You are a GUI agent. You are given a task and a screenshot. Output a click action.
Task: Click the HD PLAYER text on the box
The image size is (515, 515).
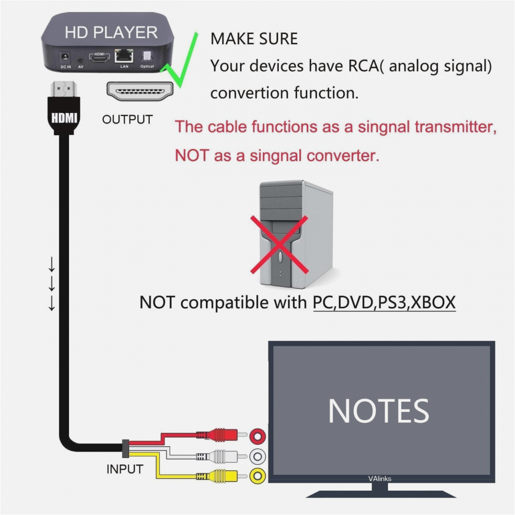click(111, 33)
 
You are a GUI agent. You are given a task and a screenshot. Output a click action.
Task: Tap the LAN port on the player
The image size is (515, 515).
click(124, 56)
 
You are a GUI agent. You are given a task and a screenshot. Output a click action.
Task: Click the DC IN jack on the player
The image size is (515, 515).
click(66, 57)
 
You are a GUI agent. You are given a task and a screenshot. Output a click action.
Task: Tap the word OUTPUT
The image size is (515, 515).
click(127, 120)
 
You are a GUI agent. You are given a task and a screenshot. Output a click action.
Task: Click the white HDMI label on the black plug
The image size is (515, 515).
click(64, 117)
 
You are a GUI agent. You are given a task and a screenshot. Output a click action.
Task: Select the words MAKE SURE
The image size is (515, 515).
click(254, 39)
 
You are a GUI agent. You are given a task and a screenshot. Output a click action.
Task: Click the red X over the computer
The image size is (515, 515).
click(279, 245)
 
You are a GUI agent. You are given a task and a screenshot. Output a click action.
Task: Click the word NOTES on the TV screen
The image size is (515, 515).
click(379, 411)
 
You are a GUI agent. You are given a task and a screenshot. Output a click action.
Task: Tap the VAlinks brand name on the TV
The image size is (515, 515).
click(379, 479)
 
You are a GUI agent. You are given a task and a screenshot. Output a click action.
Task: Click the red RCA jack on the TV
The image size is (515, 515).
click(258, 436)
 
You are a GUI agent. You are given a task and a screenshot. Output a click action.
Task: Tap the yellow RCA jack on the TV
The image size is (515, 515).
click(257, 476)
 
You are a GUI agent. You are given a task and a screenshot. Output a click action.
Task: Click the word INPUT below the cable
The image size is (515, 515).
click(124, 469)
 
